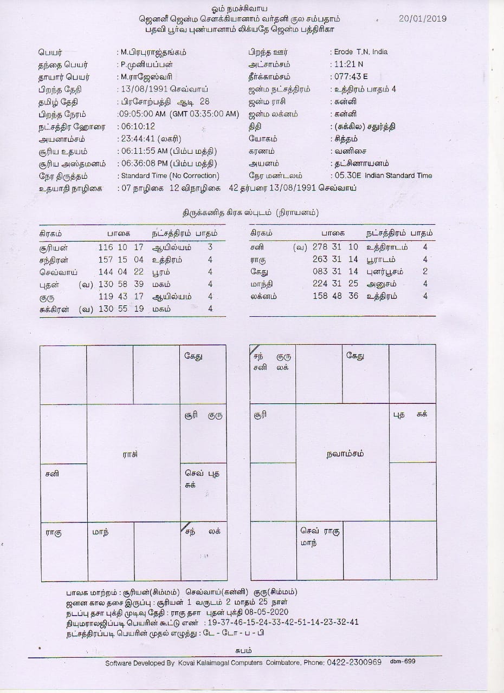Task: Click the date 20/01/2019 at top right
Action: tap(422, 18)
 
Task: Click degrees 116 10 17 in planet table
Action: tap(121, 247)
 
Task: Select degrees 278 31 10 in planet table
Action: tap(335, 247)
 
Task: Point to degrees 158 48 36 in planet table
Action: tap(335, 296)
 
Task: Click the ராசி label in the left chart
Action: tap(130, 455)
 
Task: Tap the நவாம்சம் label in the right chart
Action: tap(345, 454)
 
